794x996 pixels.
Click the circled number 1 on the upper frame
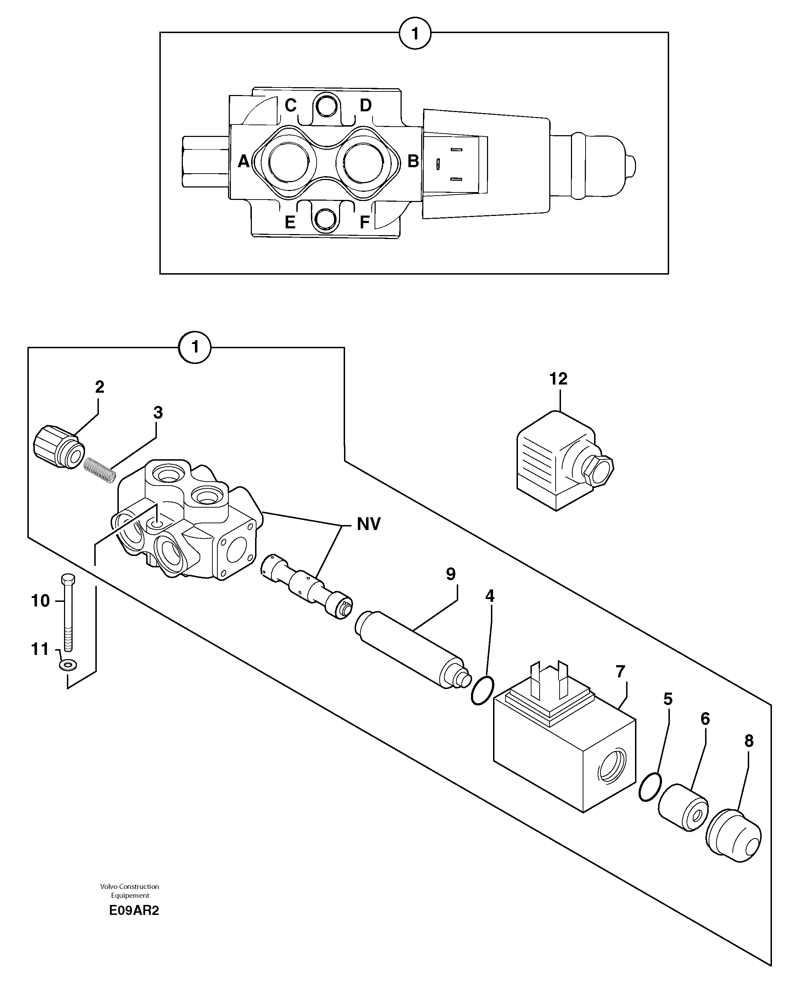click(x=414, y=33)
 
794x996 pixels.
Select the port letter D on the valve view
click(x=365, y=105)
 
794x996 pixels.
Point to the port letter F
click(x=364, y=223)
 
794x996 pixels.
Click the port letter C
click(x=291, y=105)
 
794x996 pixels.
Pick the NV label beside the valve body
click(x=368, y=524)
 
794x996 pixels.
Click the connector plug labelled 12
click(x=561, y=462)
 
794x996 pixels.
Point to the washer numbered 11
click(x=68, y=665)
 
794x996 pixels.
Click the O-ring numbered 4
click(x=482, y=691)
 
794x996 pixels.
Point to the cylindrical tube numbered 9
click(x=409, y=650)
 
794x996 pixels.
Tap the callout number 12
click(x=558, y=379)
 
